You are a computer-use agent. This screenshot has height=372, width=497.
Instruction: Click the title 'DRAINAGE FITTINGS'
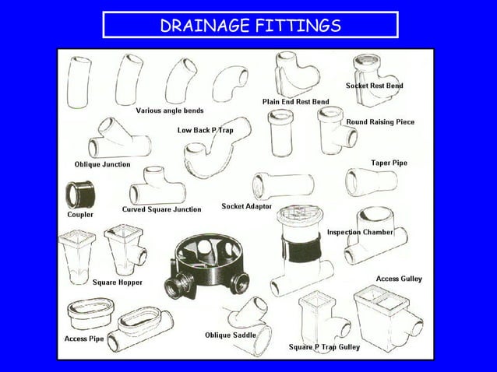(x=250, y=26)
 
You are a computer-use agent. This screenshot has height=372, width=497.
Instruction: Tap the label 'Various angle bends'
(x=170, y=111)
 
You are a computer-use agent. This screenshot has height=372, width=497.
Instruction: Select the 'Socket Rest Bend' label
(x=375, y=85)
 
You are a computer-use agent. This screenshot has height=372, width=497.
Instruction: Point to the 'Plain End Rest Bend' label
(x=295, y=102)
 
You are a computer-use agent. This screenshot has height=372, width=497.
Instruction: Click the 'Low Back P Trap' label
(x=205, y=130)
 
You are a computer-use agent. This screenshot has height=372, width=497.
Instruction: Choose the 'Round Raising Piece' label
(x=380, y=122)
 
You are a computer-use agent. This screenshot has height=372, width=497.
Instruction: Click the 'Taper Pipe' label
(x=389, y=163)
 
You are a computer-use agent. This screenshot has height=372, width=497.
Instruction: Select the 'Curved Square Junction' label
(x=161, y=209)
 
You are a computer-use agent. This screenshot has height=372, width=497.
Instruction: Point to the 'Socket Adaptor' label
(x=247, y=206)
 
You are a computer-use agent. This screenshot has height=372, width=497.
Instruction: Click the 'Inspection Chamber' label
(x=360, y=232)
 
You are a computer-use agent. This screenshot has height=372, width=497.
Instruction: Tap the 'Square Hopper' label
(x=118, y=283)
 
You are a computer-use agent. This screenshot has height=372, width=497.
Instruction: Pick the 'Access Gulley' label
(x=399, y=279)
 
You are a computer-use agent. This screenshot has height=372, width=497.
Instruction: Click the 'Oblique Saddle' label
(x=231, y=335)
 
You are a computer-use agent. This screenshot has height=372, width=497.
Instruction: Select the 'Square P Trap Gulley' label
(x=324, y=346)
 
